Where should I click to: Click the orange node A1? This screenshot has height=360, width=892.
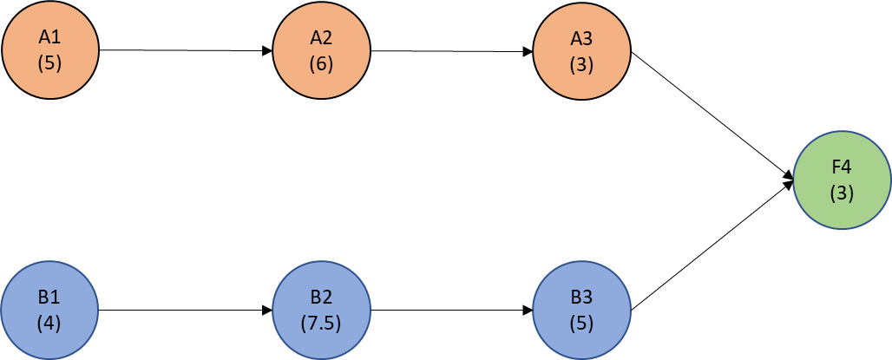[x=49, y=49]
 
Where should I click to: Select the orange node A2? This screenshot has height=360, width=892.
[x=321, y=49]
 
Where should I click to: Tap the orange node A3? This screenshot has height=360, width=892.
[x=582, y=49]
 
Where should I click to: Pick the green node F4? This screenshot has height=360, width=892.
[x=842, y=180]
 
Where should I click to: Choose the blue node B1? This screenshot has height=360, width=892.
[x=49, y=309]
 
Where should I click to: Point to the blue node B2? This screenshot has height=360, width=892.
[x=321, y=309]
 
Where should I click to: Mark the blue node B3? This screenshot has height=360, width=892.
[x=582, y=309]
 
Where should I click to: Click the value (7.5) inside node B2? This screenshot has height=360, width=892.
[x=321, y=323]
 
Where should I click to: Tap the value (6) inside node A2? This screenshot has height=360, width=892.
[x=321, y=63]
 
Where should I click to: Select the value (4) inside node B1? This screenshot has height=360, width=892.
[x=49, y=323]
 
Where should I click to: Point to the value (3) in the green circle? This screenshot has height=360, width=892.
[x=842, y=193]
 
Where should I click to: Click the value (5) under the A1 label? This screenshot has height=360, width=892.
[x=49, y=63]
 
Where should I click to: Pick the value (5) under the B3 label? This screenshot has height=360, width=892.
[x=582, y=323]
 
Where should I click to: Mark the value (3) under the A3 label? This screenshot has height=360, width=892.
[x=582, y=64]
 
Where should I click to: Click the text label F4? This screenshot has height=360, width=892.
[x=842, y=167]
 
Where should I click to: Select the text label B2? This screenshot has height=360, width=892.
[x=321, y=297]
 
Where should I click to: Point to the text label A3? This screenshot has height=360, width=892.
[x=582, y=37]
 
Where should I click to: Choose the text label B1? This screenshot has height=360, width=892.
[x=49, y=297]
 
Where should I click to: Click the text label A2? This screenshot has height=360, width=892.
[x=321, y=37]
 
